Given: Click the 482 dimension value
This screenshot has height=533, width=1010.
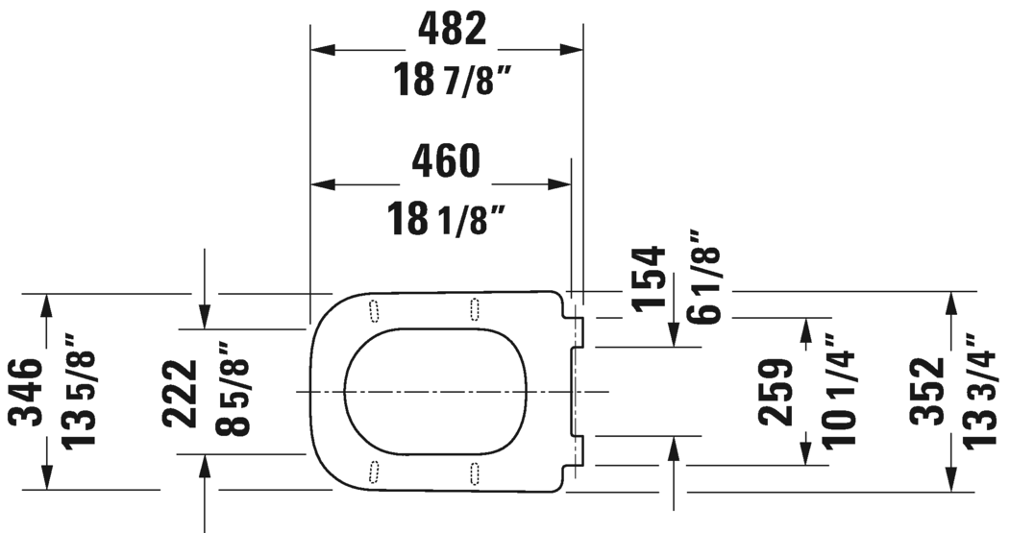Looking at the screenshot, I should coord(452,31).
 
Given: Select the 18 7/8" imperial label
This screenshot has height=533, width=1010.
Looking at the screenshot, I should coord(450,81).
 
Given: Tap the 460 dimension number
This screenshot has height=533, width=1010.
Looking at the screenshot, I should coord(445,161).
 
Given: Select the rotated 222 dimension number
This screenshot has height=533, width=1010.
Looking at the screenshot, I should coord(180,392).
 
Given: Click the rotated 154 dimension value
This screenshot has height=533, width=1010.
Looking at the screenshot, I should coord(650,278).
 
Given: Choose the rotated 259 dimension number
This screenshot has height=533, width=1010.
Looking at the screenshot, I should coord(776,392).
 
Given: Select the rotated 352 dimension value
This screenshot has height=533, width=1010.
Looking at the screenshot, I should coord(927,392).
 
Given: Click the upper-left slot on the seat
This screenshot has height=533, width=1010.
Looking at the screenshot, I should coord(374,308).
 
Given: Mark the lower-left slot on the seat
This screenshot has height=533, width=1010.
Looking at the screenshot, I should coord(374,472).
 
